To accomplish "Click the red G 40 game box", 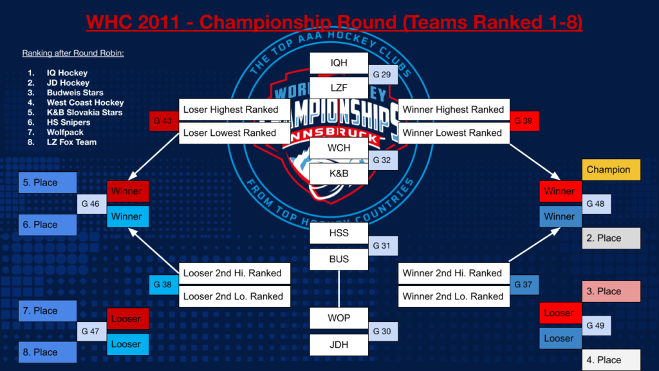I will (x=162, y=121).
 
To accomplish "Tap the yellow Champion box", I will (x=611, y=170).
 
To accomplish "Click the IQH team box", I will (x=339, y=63).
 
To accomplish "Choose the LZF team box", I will (x=339, y=87).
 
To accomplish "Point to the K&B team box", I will (x=339, y=173).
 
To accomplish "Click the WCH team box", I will (x=339, y=148).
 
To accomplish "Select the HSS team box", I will (x=339, y=234).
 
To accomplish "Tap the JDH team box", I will (x=339, y=345).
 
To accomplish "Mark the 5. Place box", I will (x=48, y=183).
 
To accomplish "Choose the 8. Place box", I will (x=48, y=352).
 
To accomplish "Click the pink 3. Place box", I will (x=611, y=292).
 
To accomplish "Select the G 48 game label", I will (x=595, y=204).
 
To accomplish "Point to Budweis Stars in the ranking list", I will (x=75, y=93).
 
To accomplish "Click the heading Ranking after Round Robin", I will (x=73, y=53).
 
